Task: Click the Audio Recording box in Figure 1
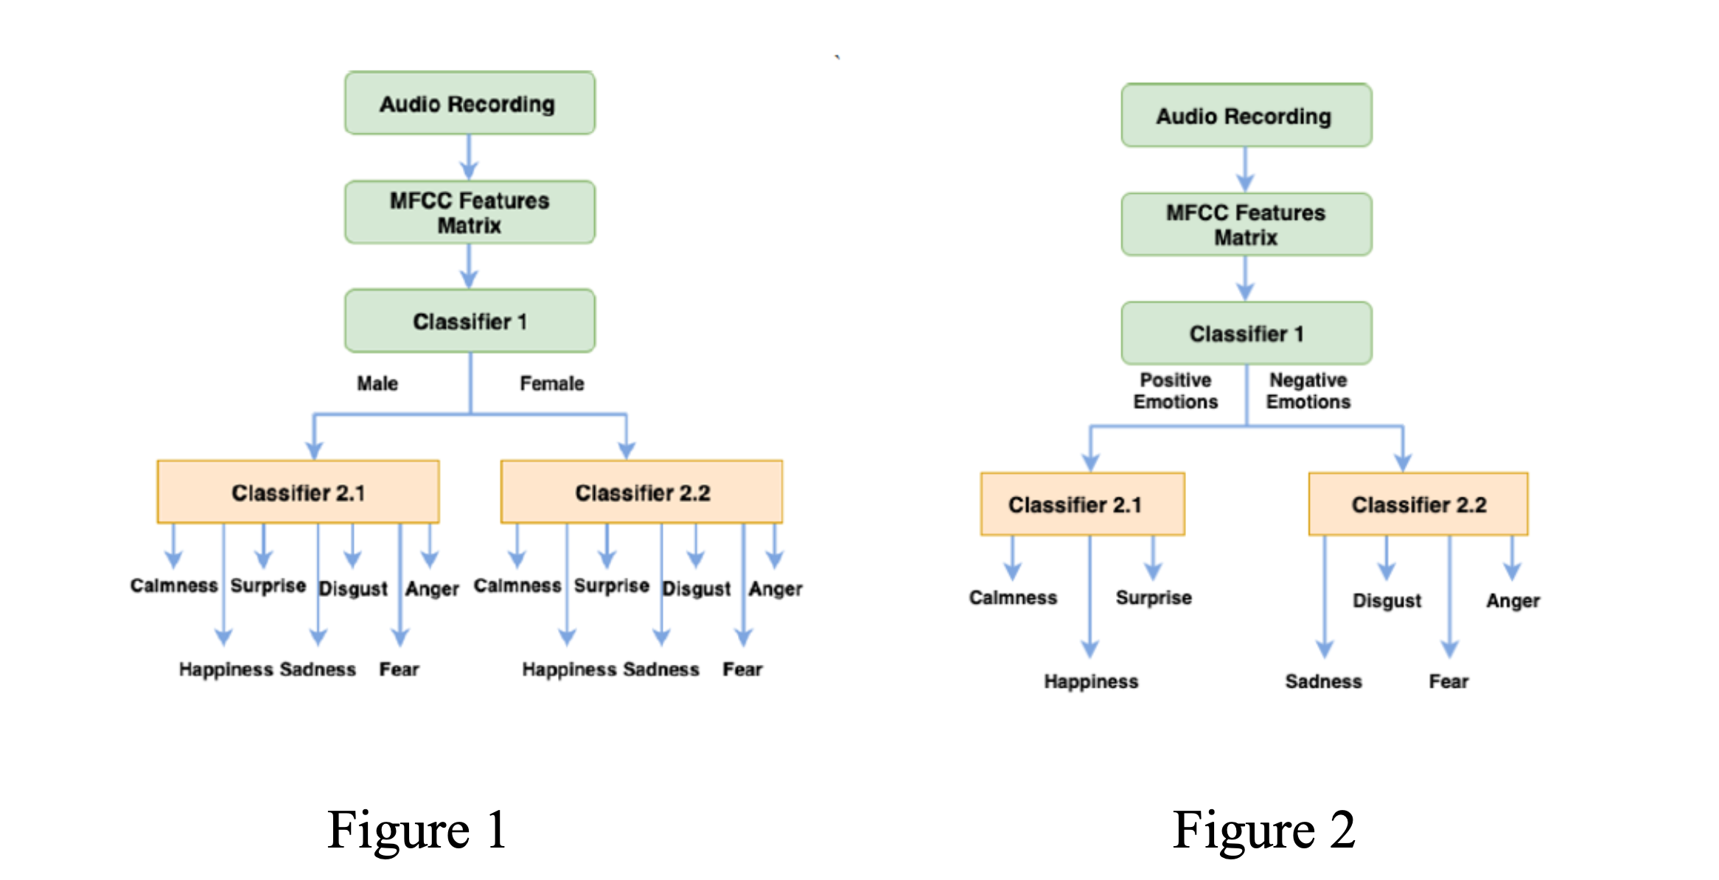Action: pyautogui.click(x=470, y=103)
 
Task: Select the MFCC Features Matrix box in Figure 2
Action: pyautogui.click(x=1246, y=225)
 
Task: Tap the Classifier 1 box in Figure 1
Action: pyautogui.click(x=470, y=321)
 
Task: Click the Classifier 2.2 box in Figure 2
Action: pyautogui.click(x=1418, y=504)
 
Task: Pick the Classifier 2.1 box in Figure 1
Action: pyautogui.click(x=298, y=492)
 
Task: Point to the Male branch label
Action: pyautogui.click(x=377, y=383)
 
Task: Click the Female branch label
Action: pyautogui.click(x=551, y=383)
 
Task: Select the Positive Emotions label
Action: pyautogui.click(x=1175, y=391)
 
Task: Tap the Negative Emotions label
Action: pyautogui.click(x=1308, y=391)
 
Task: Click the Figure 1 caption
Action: pyautogui.click(x=417, y=830)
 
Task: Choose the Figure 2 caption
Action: pyautogui.click(x=1263, y=830)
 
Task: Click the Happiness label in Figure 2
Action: pyautogui.click(x=1090, y=682)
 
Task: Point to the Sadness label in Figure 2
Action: pyautogui.click(x=1323, y=682)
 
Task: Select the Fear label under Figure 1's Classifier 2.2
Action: pyautogui.click(x=742, y=669)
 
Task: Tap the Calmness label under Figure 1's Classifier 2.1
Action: pyautogui.click(x=174, y=585)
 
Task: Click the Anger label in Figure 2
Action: pyautogui.click(x=1513, y=601)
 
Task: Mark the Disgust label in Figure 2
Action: pyautogui.click(x=1387, y=601)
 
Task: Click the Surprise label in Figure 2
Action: pyautogui.click(x=1153, y=598)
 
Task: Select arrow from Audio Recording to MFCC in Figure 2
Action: pyautogui.click(x=1245, y=170)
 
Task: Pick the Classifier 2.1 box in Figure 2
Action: pyautogui.click(x=1082, y=504)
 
